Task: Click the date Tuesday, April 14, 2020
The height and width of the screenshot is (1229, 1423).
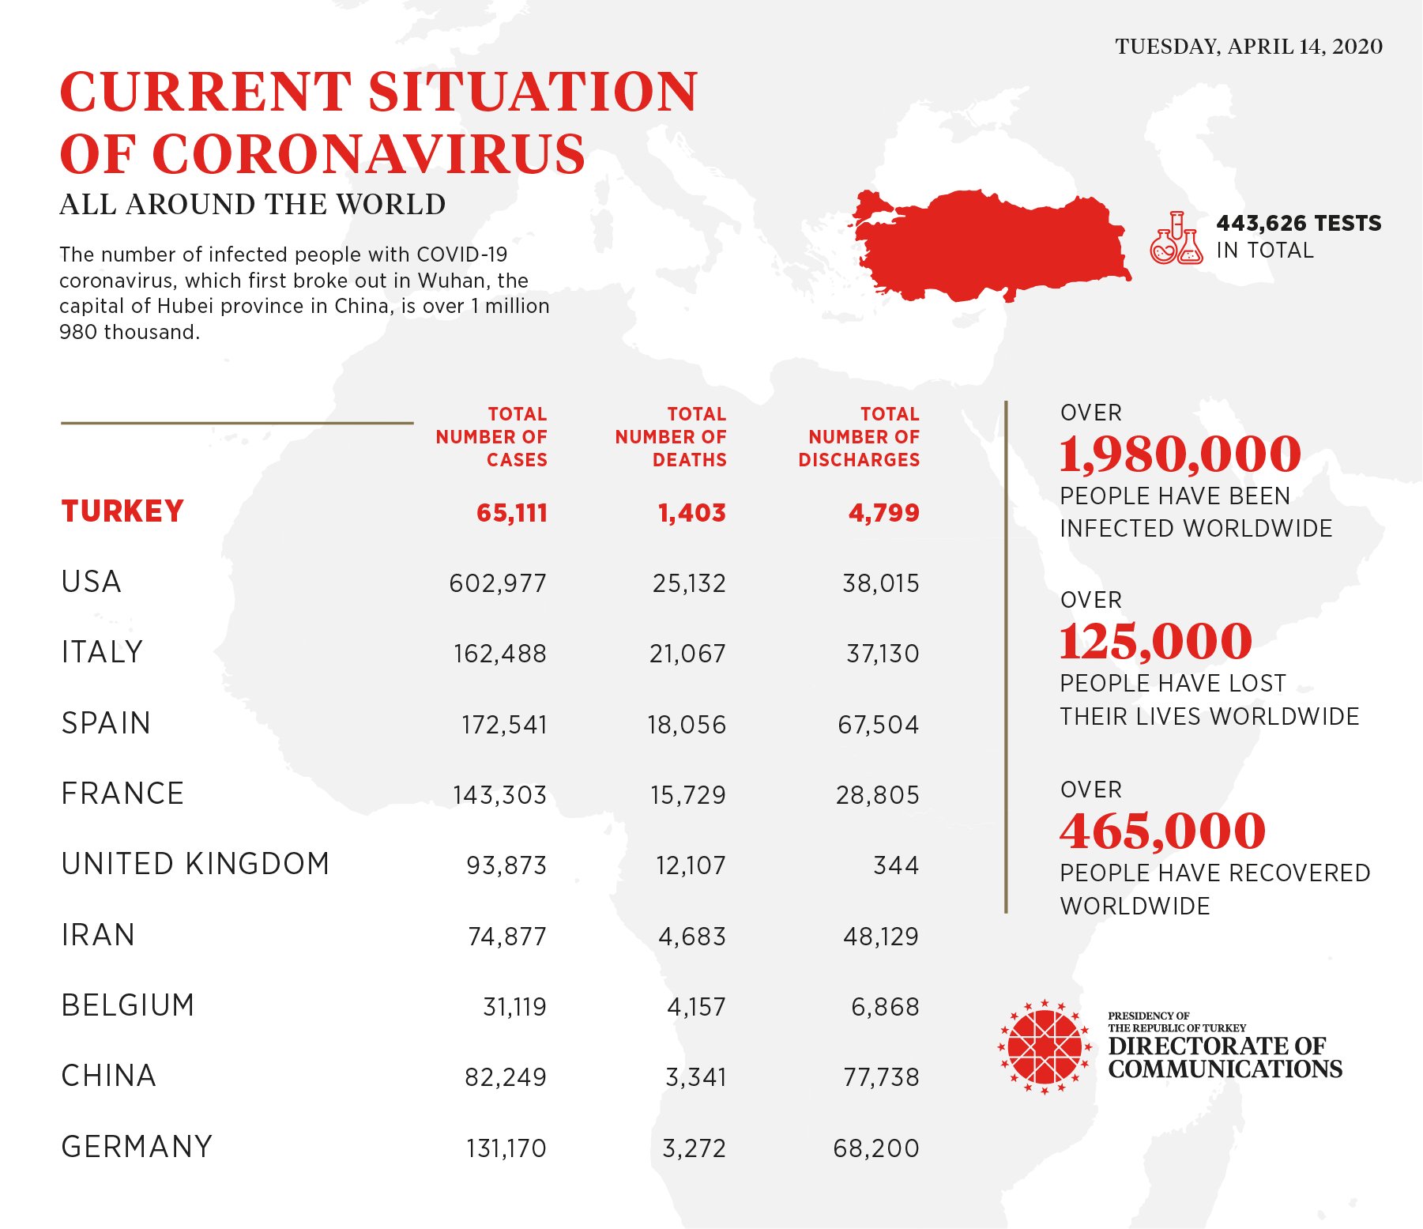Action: (x=1248, y=47)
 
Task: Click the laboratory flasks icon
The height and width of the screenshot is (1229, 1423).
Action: (x=1176, y=238)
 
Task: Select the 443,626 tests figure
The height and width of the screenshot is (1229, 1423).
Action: (x=1298, y=224)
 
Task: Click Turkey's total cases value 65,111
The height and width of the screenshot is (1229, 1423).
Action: (x=511, y=513)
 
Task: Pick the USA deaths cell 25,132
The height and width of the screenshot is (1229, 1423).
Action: (x=688, y=583)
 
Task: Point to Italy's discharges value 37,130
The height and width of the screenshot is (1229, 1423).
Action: (x=883, y=654)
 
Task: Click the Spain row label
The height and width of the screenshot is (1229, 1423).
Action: (x=106, y=723)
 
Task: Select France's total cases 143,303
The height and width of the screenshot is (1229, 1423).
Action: (x=499, y=795)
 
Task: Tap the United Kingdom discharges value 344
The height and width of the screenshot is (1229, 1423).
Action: (x=896, y=865)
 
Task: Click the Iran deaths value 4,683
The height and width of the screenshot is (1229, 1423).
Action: (x=692, y=937)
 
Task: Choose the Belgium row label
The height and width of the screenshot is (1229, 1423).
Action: (x=128, y=1005)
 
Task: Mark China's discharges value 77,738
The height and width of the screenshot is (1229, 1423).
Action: (x=881, y=1077)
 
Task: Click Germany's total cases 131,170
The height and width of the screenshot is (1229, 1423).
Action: (x=506, y=1148)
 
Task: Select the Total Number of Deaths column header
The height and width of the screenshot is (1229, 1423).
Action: (x=671, y=437)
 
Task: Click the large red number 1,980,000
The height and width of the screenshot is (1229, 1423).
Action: (x=1180, y=454)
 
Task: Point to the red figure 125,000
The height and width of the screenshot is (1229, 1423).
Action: (x=1155, y=641)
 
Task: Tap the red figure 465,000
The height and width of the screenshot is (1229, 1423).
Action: (x=1162, y=831)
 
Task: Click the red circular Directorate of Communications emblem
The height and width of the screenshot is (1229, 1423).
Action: (x=1045, y=1047)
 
